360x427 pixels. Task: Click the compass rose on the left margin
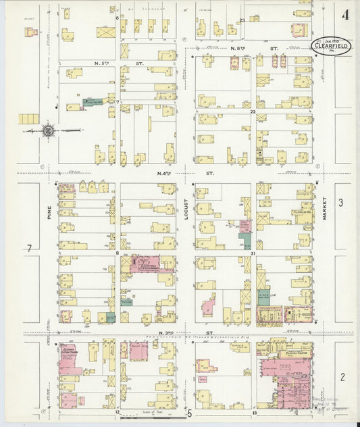pyautogui.click(x=48, y=130)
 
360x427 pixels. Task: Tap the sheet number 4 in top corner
pyautogui.click(x=345, y=14)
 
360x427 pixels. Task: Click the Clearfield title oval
pyautogui.click(x=331, y=45)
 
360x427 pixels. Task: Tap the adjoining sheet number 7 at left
pyautogui.click(x=28, y=249)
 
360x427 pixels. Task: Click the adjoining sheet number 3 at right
pyautogui.click(x=341, y=203)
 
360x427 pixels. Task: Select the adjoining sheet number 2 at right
pyautogui.click(x=342, y=376)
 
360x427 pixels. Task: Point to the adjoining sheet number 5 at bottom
pyautogui.click(x=190, y=413)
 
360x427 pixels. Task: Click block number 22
pyautogui.click(x=253, y=111)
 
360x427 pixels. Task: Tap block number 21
pyautogui.click(x=253, y=253)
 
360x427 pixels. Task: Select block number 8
pyautogui.click(x=117, y=253)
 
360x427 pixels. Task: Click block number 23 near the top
pyautogui.click(x=242, y=21)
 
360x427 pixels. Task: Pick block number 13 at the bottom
pyautogui.click(x=255, y=411)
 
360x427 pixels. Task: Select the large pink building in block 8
pyautogui.click(x=151, y=263)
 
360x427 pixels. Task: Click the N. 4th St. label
pyautogui.click(x=164, y=174)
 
